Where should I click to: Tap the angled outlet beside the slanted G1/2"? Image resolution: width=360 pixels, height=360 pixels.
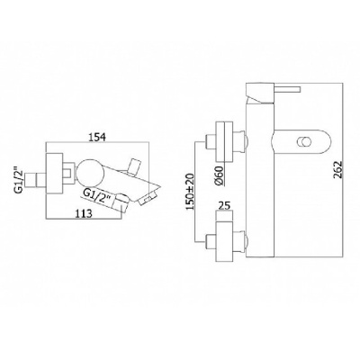pos(126,199)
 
